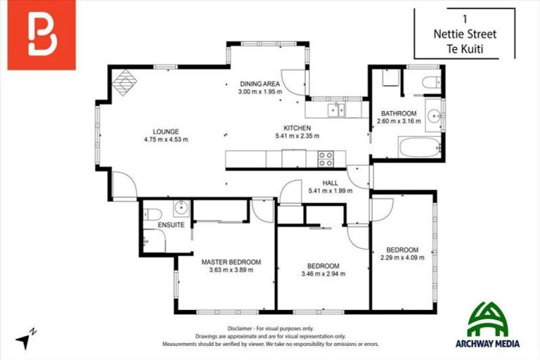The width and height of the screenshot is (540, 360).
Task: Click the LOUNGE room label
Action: (166, 131)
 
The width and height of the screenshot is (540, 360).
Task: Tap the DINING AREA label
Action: (260, 84)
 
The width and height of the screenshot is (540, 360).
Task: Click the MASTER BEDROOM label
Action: (231, 262)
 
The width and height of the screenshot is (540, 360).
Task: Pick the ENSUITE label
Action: (172, 225)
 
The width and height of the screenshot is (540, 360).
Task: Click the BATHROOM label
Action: (399, 113)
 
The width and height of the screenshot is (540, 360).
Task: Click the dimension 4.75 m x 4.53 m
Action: (166, 139)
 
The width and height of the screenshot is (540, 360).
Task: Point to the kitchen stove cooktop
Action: (326, 159)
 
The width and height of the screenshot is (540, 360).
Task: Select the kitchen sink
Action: (338, 109)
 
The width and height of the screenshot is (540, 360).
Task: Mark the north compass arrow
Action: (26, 339)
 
